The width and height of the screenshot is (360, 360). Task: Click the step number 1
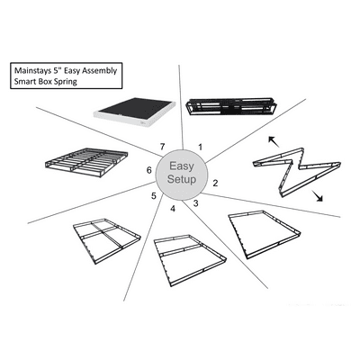point(199,144)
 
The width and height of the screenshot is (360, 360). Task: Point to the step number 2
point(215,184)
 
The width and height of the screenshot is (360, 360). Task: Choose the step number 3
point(195,202)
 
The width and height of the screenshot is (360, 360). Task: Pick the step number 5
point(153,196)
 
